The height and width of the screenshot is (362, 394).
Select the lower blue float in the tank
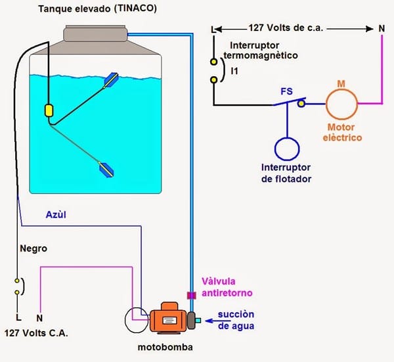click(106, 168)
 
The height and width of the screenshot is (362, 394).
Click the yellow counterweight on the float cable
click(48, 110)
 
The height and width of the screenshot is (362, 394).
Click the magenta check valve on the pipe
click(192, 294)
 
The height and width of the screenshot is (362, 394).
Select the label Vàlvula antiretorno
click(227, 286)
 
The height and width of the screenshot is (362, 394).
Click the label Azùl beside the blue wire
click(56, 215)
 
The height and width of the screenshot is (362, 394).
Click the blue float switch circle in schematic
click(286, 148)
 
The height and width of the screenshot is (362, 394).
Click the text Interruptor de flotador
click(286, 173)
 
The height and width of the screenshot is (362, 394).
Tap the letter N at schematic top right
click(382, 30)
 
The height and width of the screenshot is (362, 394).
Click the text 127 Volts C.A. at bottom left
click(36, 333)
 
